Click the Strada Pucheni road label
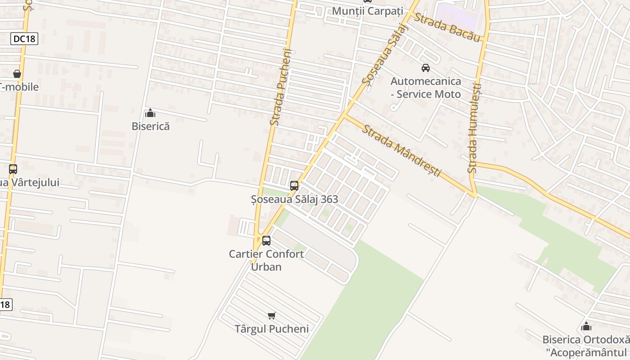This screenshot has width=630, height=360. [x=282, y=87]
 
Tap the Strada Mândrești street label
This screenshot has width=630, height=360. [x=402, y=150]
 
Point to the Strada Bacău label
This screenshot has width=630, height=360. [x=446, y=27]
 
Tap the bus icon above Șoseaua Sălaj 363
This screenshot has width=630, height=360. [x=294, y=185]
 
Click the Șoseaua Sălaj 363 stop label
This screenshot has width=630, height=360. [x=294, y=199]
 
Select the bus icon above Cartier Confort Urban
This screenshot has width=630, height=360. [x=266, y=240]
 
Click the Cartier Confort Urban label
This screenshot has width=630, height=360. [x=266, y=260]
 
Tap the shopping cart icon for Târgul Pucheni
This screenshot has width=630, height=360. [x=271, y=315]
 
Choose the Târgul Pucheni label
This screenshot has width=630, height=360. [x=272, y=329]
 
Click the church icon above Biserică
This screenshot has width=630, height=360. [x=150, y=113]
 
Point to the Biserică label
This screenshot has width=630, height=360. [x=151, y=126]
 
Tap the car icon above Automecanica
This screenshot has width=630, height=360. [x=425, y=68]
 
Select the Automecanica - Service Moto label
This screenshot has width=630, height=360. [x=426, y=88]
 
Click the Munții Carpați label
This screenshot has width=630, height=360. [x=367, y=11]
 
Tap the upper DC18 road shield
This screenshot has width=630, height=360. [x=24, y=39]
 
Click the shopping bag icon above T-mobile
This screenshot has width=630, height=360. [x=17, y=73]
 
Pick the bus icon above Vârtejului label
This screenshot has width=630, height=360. [x=13, y=169]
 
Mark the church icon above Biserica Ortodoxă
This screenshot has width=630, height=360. [x=586, y=326]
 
